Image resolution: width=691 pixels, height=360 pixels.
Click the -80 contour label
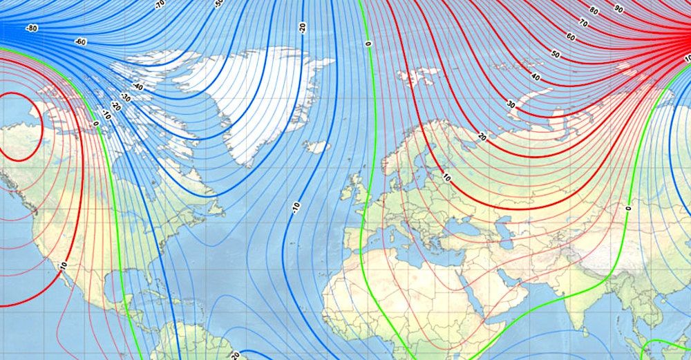click(31, 29)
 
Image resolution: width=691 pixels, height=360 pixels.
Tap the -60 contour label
click(81, 42)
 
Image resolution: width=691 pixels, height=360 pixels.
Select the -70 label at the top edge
click(160, 4)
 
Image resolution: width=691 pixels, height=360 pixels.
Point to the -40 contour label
click(138, 88)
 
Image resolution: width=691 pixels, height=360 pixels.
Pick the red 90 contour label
click(618, 9)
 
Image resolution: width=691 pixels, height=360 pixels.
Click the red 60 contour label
click(571, 37)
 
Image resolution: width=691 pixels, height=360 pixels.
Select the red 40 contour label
click(536, 77)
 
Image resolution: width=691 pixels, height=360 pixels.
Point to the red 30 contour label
click(511, 104)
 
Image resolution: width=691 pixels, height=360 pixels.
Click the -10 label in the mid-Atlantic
click(296, 207)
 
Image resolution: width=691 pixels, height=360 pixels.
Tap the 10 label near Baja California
click(64, 265)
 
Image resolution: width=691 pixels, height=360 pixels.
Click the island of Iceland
click(316, 146)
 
